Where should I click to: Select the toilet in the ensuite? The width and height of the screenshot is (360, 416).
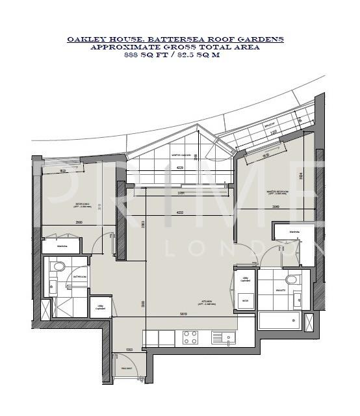(x=290, y=280)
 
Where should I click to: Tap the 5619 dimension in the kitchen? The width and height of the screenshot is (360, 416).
(x=184, y=315)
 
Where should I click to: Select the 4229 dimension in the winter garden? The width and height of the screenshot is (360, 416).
(x=179, y=168)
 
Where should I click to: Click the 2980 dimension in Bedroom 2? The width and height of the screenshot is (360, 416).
(x=78, y=222)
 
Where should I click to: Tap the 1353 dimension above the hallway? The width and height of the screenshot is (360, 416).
(x=129, y=349)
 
